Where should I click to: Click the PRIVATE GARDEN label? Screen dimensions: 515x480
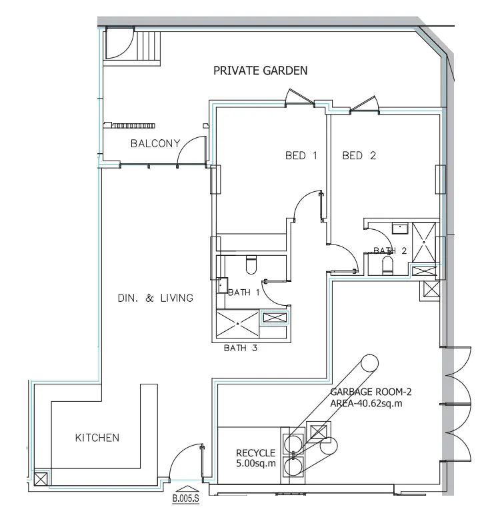click(260, 71)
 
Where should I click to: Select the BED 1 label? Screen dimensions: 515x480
click(301, 156)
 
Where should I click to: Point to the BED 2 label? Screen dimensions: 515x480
click(359, 156)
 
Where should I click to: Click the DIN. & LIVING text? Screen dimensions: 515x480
click(155, 298)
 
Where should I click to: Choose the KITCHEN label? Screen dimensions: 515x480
click(97, 438)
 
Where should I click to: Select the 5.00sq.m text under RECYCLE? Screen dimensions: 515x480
click(255, 463)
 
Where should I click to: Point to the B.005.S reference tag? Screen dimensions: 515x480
click(186, 497)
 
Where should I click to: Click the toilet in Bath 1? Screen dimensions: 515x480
click(251, 265)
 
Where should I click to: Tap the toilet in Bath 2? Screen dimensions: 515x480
click(387, 266)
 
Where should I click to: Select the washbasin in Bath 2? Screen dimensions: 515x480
click(400, 229)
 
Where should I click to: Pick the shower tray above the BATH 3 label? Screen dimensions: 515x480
click(237, 325)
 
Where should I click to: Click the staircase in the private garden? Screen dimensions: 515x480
click(147, 47)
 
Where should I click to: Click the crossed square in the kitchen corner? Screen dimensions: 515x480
click(40, 478)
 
